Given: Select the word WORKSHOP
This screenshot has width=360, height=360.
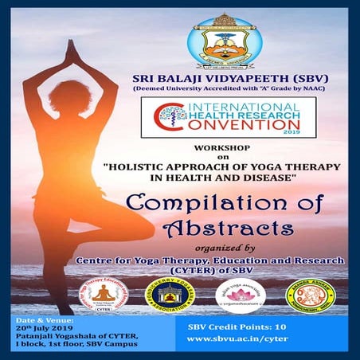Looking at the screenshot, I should point(243,148).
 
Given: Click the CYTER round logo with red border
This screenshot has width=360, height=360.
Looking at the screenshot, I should point(106,296).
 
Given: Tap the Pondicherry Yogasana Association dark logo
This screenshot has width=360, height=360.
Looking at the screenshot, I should point(170,296).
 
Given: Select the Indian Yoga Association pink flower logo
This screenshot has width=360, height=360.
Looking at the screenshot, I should point(240,295).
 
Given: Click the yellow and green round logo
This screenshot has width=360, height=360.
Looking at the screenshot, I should point(310,295).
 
